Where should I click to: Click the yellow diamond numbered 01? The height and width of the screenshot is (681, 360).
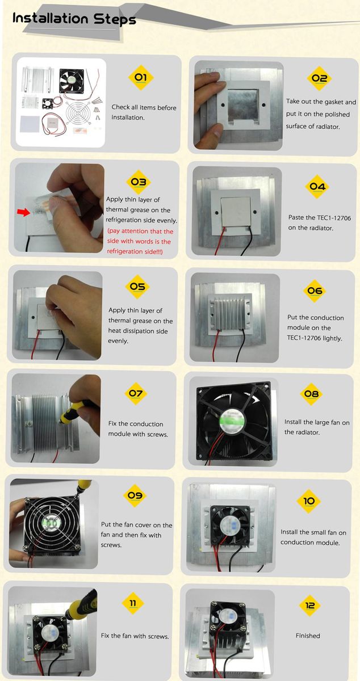pyautogui.click(x=141, y=77)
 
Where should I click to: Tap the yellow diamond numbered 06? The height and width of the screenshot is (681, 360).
pyautogui.click(x=315, y=291)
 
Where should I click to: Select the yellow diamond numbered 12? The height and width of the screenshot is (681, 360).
pyautogui.click(x=310, y=606)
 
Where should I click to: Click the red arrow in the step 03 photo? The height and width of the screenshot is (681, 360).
pyautogui.click(x=23, y=212)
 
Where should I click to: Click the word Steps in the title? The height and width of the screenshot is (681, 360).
pyautogui.click(x=115, y=19)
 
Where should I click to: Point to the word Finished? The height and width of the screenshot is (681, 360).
pyautogui.click(x=308, y=636)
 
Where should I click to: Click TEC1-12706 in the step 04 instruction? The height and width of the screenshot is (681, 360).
pyautogui.click(x=332, y=218)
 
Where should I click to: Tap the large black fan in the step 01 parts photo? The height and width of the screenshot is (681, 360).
pyautogui.click(x=72, y=81)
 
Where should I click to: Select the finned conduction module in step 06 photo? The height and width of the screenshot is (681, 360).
pyautogui.click(x=229, y=312)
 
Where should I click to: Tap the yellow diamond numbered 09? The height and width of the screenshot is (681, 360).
pyautogui.click(x=135, y=495)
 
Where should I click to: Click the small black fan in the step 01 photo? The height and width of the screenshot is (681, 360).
pyautogui.click(x=48, y=103)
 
